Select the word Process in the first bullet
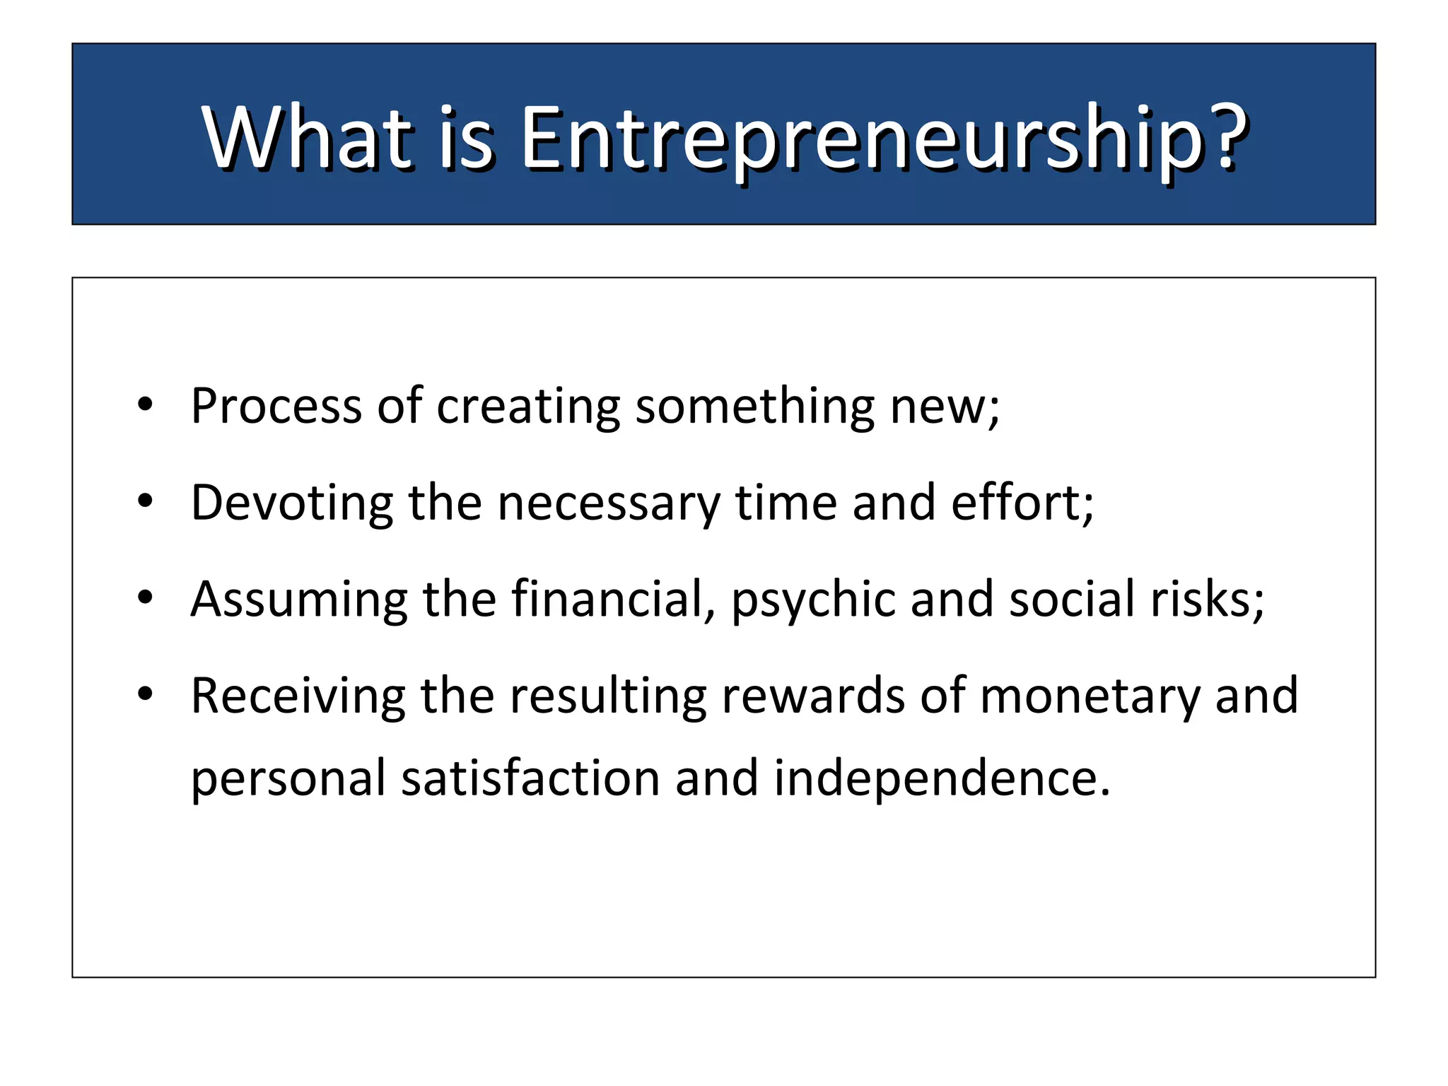tap(276, 407)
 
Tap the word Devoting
tap(292, 503)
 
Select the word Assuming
tap(299, 600)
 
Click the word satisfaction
tap(530, 778)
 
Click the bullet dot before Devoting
tap(145, 501)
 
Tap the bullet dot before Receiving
tap(145, 694)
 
